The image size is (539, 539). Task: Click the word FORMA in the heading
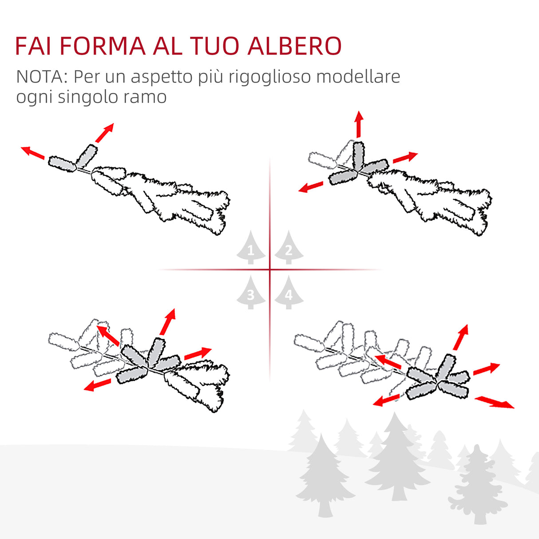point(102,46)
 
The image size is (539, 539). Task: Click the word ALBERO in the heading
point(294,46)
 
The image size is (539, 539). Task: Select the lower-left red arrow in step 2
point(311,187)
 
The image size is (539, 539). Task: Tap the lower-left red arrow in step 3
point(97,385)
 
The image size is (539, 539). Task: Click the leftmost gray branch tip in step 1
point(62,163)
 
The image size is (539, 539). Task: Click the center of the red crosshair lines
point(270,269)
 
